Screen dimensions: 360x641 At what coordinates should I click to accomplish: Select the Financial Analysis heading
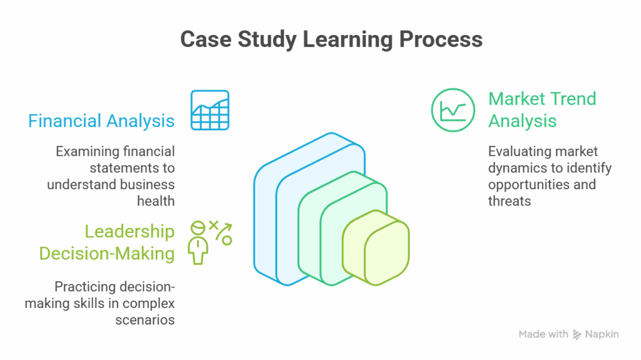[x=101, y=120]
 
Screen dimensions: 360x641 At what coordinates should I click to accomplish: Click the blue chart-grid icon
[x=210, y=110]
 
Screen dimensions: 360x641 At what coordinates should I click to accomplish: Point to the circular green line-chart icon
[x=453, y=110]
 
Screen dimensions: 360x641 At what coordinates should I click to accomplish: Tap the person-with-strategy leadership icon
[x=210, y=242]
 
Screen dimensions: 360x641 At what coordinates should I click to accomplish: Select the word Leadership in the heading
[x=130, y=232]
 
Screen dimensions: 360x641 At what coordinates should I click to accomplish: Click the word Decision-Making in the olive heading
[x=107, y=254]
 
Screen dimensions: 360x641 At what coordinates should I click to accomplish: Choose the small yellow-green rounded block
[x=376, y=248]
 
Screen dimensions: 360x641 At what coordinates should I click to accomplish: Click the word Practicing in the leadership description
[x=84, y=287]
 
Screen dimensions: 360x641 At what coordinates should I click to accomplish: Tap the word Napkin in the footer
[x=602, y=334]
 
